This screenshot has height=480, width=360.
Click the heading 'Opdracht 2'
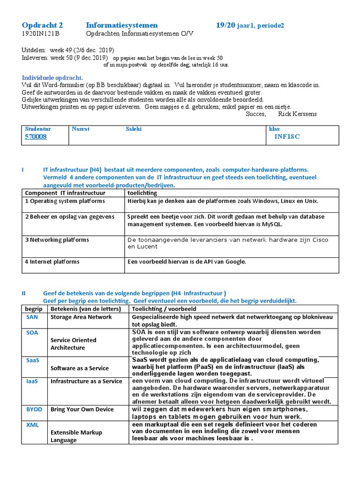(x=42, y=25)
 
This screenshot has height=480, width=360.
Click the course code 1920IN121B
(x=41, y=34)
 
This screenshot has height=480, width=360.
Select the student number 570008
(x=36, y=137)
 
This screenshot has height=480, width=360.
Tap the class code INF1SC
(x=287, y=137)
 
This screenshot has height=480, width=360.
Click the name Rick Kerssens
(x=297, y=114)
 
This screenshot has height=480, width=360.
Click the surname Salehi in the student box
(x=134, y=128)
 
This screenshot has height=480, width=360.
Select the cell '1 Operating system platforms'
(x=65, y=201)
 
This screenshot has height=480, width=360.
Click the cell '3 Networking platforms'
(x=57, y=240)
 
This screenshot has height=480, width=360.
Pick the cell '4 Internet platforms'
(x=54, y=262)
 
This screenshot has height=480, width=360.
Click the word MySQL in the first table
(x=272, y=224)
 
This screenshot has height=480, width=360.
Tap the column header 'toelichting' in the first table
(x=142, y=193)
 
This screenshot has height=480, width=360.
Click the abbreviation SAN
(x=32, y=317)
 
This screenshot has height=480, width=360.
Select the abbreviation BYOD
(x=34, y=409)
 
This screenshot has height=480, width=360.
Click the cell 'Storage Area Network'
(x=81, y=317)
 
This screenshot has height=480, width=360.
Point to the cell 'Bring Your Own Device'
(x=82, y=409)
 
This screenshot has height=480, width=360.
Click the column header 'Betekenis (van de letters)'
(x=86, y=309)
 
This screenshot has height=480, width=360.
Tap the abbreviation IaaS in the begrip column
(x=32, y=381)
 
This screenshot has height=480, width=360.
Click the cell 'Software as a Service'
(x=79, y=368)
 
